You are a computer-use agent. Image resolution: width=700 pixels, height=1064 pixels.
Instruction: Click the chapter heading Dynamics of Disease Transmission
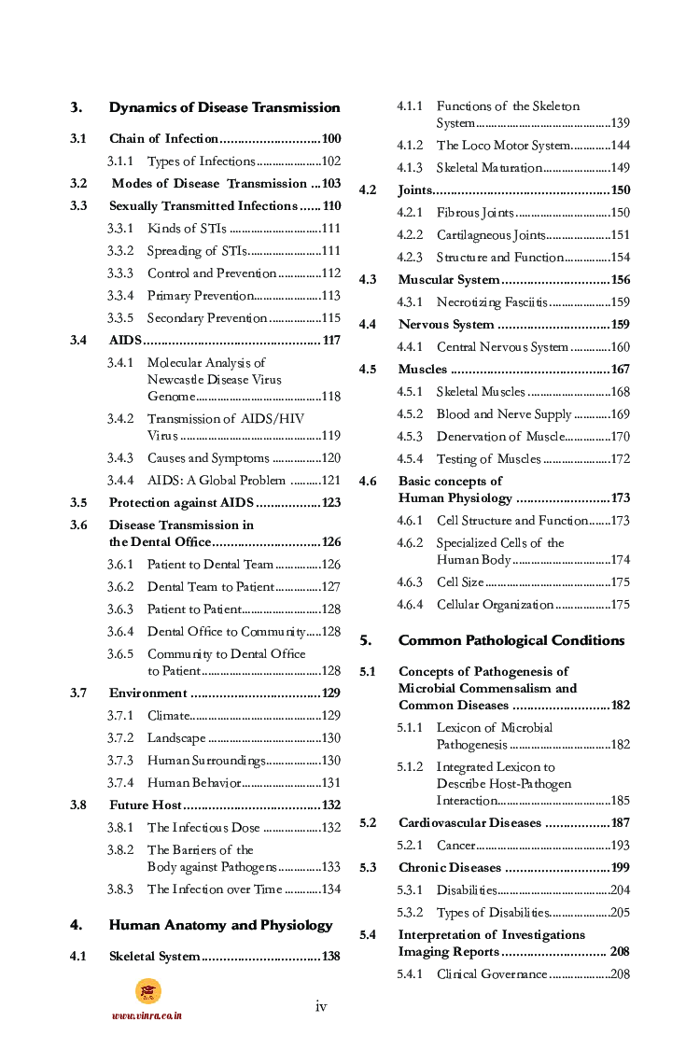[224, 107]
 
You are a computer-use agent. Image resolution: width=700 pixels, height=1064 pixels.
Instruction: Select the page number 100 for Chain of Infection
[330, 139]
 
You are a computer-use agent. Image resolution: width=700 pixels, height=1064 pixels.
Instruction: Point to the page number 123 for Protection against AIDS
[330, 503]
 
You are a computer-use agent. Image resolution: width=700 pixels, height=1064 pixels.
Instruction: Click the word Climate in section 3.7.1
[168, 716]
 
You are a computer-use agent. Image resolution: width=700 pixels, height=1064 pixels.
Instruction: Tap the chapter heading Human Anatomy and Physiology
[220, 925]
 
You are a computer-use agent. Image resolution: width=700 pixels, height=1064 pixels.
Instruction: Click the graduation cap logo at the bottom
[147, 991]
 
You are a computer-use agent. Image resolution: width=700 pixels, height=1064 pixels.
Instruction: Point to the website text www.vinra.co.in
[147, 1015]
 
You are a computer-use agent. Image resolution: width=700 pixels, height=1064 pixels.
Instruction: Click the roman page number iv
[321, 1005]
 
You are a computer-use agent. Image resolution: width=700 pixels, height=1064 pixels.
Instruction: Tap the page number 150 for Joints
[620, 190]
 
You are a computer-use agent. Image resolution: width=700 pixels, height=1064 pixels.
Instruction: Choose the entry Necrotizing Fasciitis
[492, 302]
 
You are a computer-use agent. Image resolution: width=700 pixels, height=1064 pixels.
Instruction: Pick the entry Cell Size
[460, 582]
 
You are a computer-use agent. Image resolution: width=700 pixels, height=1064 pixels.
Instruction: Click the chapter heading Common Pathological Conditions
[511, 640]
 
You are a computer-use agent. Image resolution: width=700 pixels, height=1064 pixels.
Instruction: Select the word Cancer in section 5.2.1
[455, 846]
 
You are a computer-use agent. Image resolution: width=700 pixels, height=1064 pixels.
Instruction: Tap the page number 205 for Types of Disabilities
[620, 913]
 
